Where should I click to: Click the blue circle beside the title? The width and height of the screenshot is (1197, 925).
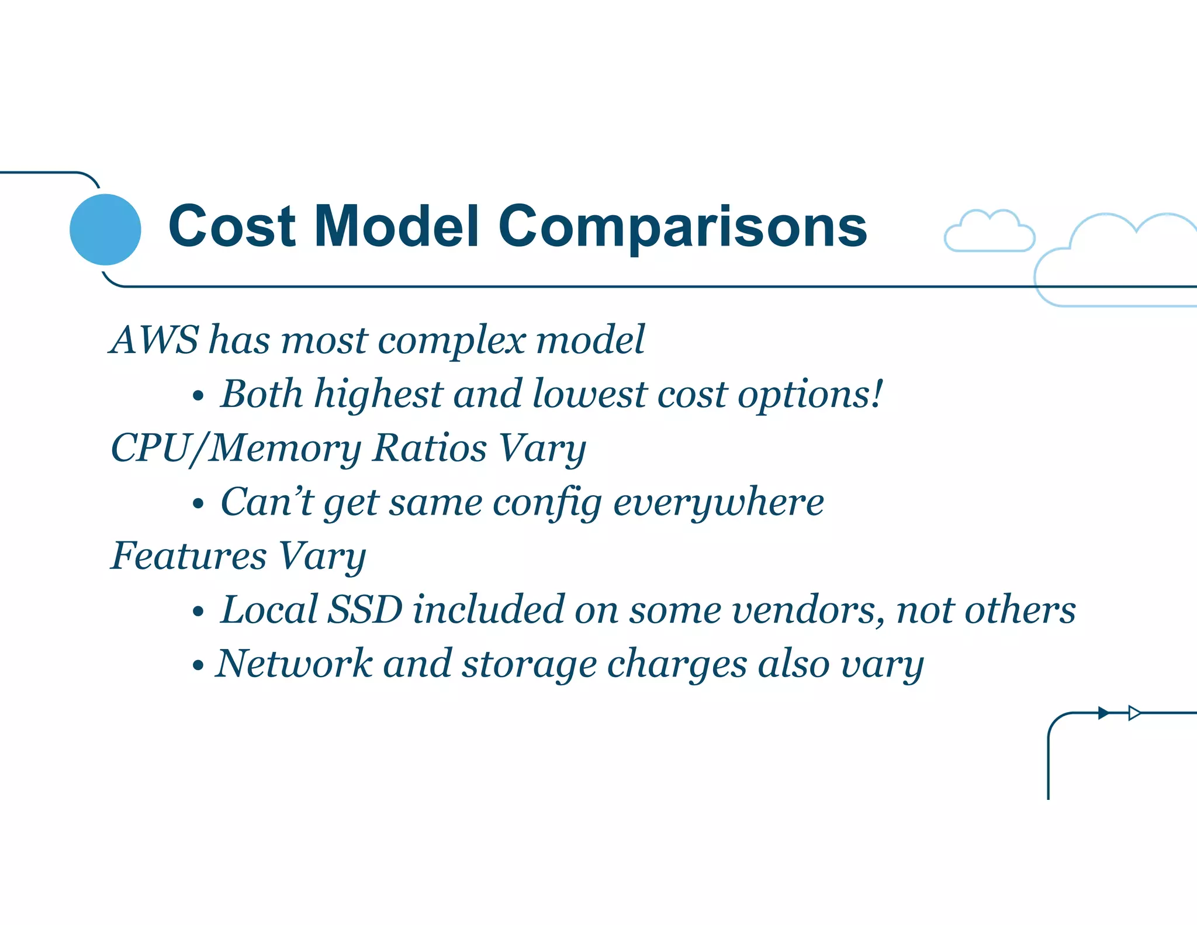click(x=105, y=229)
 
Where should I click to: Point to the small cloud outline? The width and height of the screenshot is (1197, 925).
click(x=989, y=232)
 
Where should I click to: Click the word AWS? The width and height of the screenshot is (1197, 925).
click(x=155, y=340)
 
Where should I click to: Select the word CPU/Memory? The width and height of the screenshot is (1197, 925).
click(x=236, y=449)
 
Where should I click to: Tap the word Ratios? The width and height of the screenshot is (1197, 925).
click(x=430, y=448)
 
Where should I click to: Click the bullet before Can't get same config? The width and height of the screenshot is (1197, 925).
click(x=198, y=504)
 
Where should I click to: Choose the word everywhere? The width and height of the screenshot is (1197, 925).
click(x=718, y=503)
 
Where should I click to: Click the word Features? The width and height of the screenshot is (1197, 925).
click(x=189, y=555)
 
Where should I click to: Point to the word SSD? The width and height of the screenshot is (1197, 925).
click(x=365, y=609)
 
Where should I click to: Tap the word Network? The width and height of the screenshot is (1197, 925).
click(x=294, y=664)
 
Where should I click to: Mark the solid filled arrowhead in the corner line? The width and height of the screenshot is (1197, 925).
click(x=1103, y=713)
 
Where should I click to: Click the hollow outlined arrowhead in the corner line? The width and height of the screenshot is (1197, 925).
click(x=1134, y=713)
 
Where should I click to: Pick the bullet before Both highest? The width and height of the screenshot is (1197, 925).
click(x=198, y=396)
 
